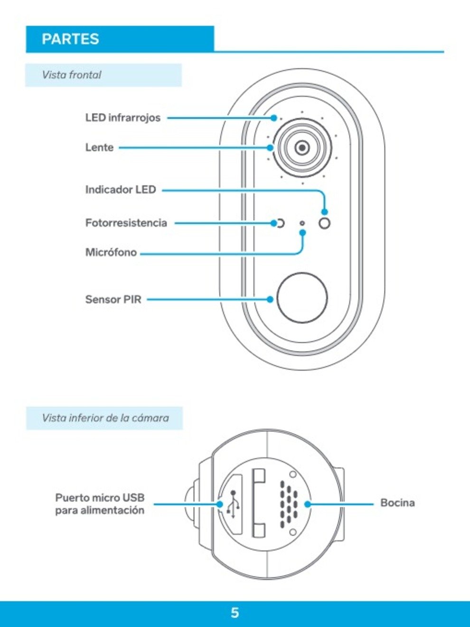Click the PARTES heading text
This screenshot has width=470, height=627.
[x=70, y=39]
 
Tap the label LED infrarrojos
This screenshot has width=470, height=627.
[x=123, y=118]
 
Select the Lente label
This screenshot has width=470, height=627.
[x=99, y=148]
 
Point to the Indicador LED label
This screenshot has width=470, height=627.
[x=121, y=190]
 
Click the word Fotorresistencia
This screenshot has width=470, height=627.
[x=126, y=223]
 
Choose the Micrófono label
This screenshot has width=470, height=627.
[x=111, y=253]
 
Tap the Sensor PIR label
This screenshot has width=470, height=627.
[x=113, y=299]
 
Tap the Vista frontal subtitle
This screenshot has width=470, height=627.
[x=72, y=75]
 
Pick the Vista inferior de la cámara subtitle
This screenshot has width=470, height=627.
[x=105, y=418]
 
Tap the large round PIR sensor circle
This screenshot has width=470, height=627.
[x=302, y=297]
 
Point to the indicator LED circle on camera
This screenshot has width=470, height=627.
[x=325, y=223]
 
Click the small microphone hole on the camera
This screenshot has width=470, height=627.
[x=302, y=223]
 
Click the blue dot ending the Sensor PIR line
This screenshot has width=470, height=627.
[x=270, y=299]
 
